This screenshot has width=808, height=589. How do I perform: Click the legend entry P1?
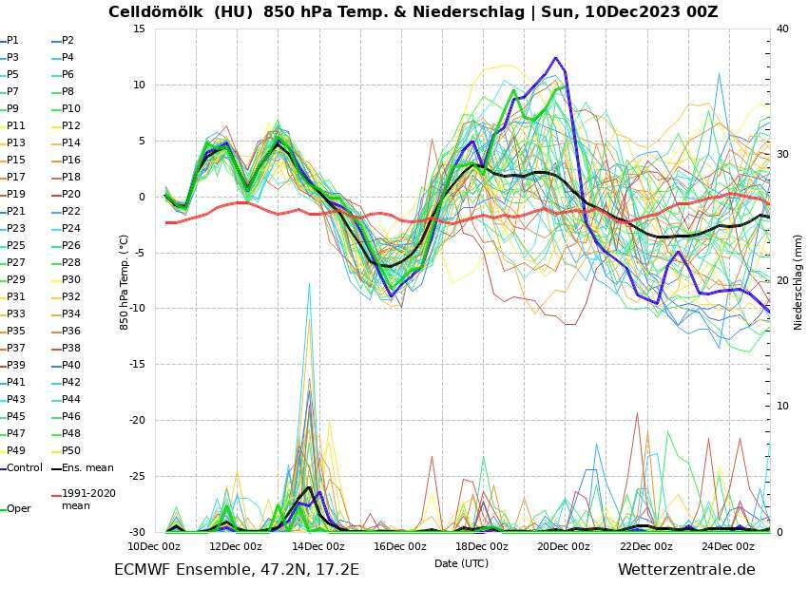tap(12, 41)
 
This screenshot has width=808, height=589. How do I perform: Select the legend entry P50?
tap(70, 450)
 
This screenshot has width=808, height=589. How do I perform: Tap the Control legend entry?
tap(24, 467)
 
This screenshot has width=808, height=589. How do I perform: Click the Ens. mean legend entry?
tap(87, 467)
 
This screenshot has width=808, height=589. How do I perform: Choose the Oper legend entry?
tap(18, 509)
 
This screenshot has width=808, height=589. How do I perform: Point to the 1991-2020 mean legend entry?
tap(87, 500)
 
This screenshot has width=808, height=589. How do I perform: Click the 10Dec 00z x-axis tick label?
tap(155, 546)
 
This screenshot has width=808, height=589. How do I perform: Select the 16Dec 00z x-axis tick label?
tap(400, 546)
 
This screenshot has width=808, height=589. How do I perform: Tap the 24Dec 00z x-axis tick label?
tap(728, 546)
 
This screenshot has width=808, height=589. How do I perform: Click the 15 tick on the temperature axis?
tap(139, 28)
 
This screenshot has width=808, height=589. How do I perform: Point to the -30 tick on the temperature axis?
tap(136, 532)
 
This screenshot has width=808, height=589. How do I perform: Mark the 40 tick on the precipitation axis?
tap(782, 28)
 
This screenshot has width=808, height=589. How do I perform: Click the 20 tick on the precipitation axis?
tap(782, 280)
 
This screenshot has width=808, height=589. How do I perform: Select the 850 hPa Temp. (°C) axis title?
tap(124, 280)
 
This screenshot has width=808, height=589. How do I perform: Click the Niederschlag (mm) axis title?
tap(798, 280)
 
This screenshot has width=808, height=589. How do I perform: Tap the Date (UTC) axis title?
tap(461, 563)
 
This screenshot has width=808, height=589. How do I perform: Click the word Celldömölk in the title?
tap(151, 12)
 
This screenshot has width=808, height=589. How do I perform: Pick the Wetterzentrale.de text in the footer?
tap(686, 570)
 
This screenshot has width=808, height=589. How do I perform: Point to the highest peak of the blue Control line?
tap(556, 58)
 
